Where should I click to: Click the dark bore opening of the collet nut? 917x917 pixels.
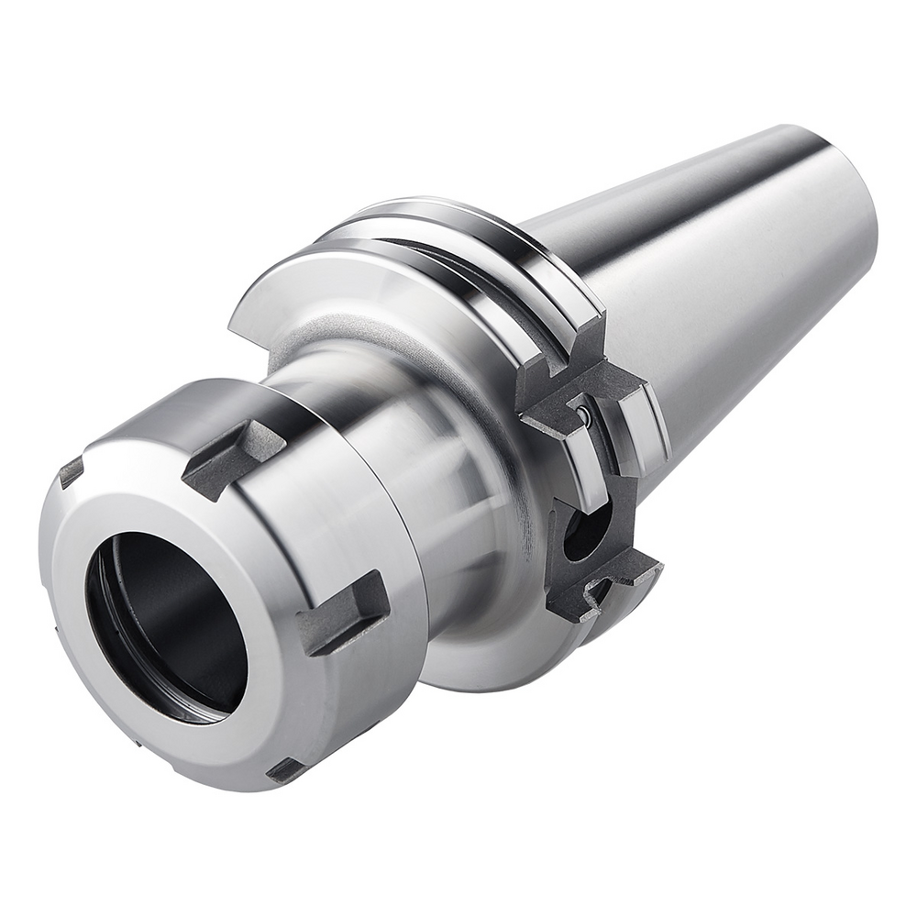pyautogui.click(x=165, y=624)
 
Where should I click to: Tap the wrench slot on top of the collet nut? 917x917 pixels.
pyautogui.click(x=233, y=458)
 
